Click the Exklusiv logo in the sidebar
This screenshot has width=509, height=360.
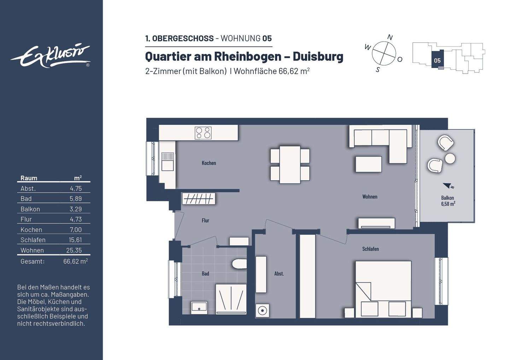(x=51, y=56)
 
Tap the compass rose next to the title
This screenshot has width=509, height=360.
(x=384, y=53)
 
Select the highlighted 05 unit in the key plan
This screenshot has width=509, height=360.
(x=437, y=60)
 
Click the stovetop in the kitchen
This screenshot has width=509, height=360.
(x=203, y=133)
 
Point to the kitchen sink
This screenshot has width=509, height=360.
(x=168, y=162)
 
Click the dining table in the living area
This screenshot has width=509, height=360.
(x=290, y=164)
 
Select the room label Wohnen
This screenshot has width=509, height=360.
(x=370, y=197)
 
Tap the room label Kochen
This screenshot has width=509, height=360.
(x=209, y=163)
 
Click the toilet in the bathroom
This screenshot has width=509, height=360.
(x=239, y=264)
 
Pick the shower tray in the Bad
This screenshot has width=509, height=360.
(x=231, y=299)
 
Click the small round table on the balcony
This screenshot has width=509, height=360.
(x=450, y=158)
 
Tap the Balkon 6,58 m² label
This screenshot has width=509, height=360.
(x=447, y=201)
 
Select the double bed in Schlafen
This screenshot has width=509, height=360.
(x=383, y=289)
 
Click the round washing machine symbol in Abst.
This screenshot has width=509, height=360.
(x=262, y=311)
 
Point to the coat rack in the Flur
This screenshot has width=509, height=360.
(x=199, y=199)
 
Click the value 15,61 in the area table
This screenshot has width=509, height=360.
(x=75, y=240)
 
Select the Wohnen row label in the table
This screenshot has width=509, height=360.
(x=32, y=250)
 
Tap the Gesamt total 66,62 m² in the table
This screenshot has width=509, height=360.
(x=75, y=261)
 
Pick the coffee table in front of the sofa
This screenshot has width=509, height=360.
(x=368, y=164)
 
